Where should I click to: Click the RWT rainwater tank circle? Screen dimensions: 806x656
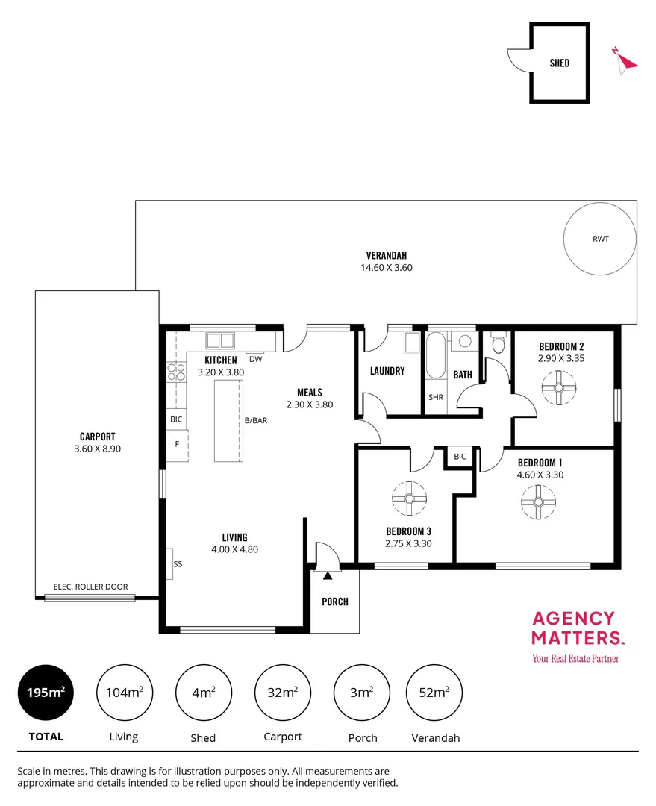600,240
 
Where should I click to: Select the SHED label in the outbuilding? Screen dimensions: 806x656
559,63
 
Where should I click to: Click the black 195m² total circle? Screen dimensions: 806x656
46,693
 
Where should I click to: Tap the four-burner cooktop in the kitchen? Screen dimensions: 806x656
176,372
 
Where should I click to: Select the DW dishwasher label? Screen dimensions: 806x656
256,359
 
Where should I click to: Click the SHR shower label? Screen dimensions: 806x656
436,397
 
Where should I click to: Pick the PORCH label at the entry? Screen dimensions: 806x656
334,602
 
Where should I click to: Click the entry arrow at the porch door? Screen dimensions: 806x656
327,575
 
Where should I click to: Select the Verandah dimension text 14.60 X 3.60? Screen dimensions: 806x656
386,267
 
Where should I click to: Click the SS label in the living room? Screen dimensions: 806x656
178,564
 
